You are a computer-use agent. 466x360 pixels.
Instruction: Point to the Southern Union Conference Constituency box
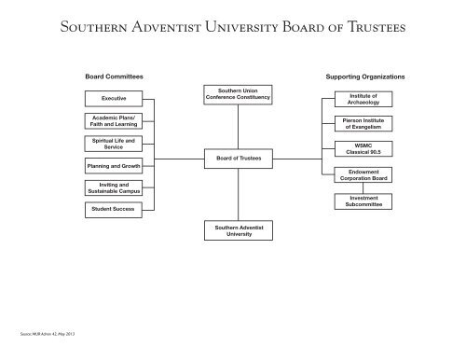(x=239, y=93)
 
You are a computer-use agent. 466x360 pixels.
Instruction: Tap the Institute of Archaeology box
(x=363, y=98)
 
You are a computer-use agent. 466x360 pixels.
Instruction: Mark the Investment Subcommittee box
(x=363, y=201)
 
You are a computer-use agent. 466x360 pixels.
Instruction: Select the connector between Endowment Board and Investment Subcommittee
(x=363, y=187)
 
